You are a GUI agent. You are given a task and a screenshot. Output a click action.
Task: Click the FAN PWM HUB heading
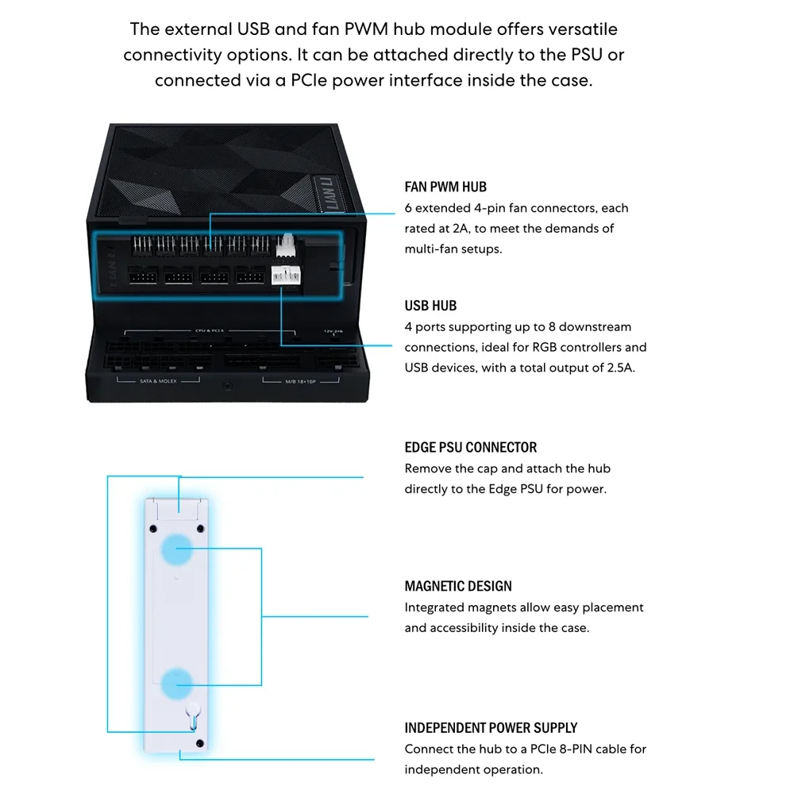(x=445, y=187)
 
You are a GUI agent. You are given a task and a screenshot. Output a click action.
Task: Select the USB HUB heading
(x=430, y=306)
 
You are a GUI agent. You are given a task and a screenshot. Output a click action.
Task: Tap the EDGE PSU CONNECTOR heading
(x=471, y=447)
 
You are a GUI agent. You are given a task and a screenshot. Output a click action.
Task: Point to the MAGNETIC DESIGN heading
(x=458, y=587)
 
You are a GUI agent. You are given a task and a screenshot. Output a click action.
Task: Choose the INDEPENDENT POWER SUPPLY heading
(x=491, y=727)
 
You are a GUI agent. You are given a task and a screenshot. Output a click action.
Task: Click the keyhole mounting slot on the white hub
(x=191, y=714)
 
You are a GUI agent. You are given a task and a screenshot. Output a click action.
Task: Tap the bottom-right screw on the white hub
(x=199, y=743)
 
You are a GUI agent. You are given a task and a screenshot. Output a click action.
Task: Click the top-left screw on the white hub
(x=154, y=528)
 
